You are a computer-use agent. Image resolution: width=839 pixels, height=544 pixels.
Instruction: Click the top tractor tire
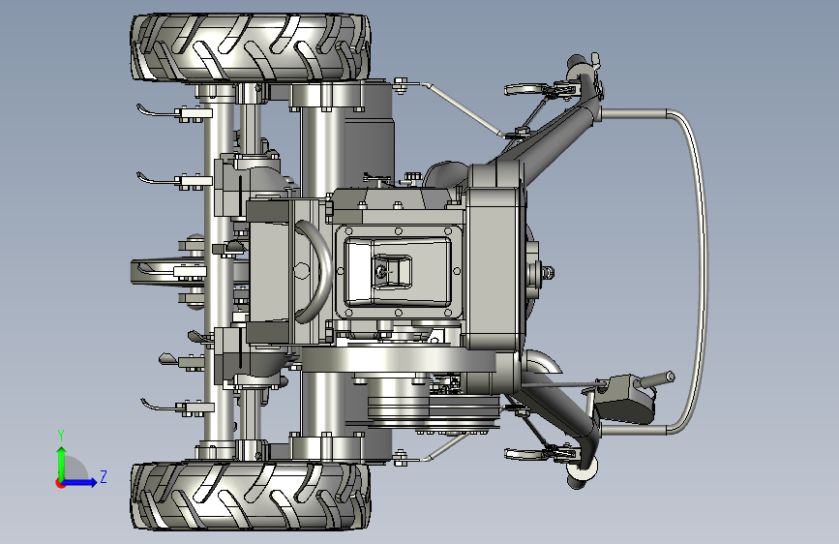(x=250, y=47)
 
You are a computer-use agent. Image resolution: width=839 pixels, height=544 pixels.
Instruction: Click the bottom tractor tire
(x=250, y=496)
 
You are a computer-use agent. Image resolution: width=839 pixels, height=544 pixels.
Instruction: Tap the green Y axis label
(x=61, y=436)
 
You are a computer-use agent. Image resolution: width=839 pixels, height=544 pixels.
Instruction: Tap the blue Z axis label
(x=104, y=476)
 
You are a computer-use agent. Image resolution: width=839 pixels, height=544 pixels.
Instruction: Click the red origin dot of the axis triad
(x=60, y=483)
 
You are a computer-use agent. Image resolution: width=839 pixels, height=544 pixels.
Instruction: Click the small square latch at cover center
(x=391, y=271)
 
